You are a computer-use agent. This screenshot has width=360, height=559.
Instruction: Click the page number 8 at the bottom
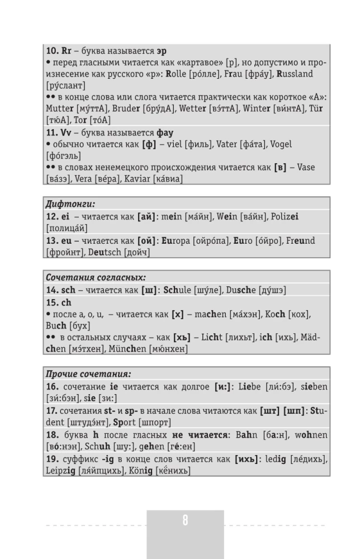[x=185, y=521]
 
